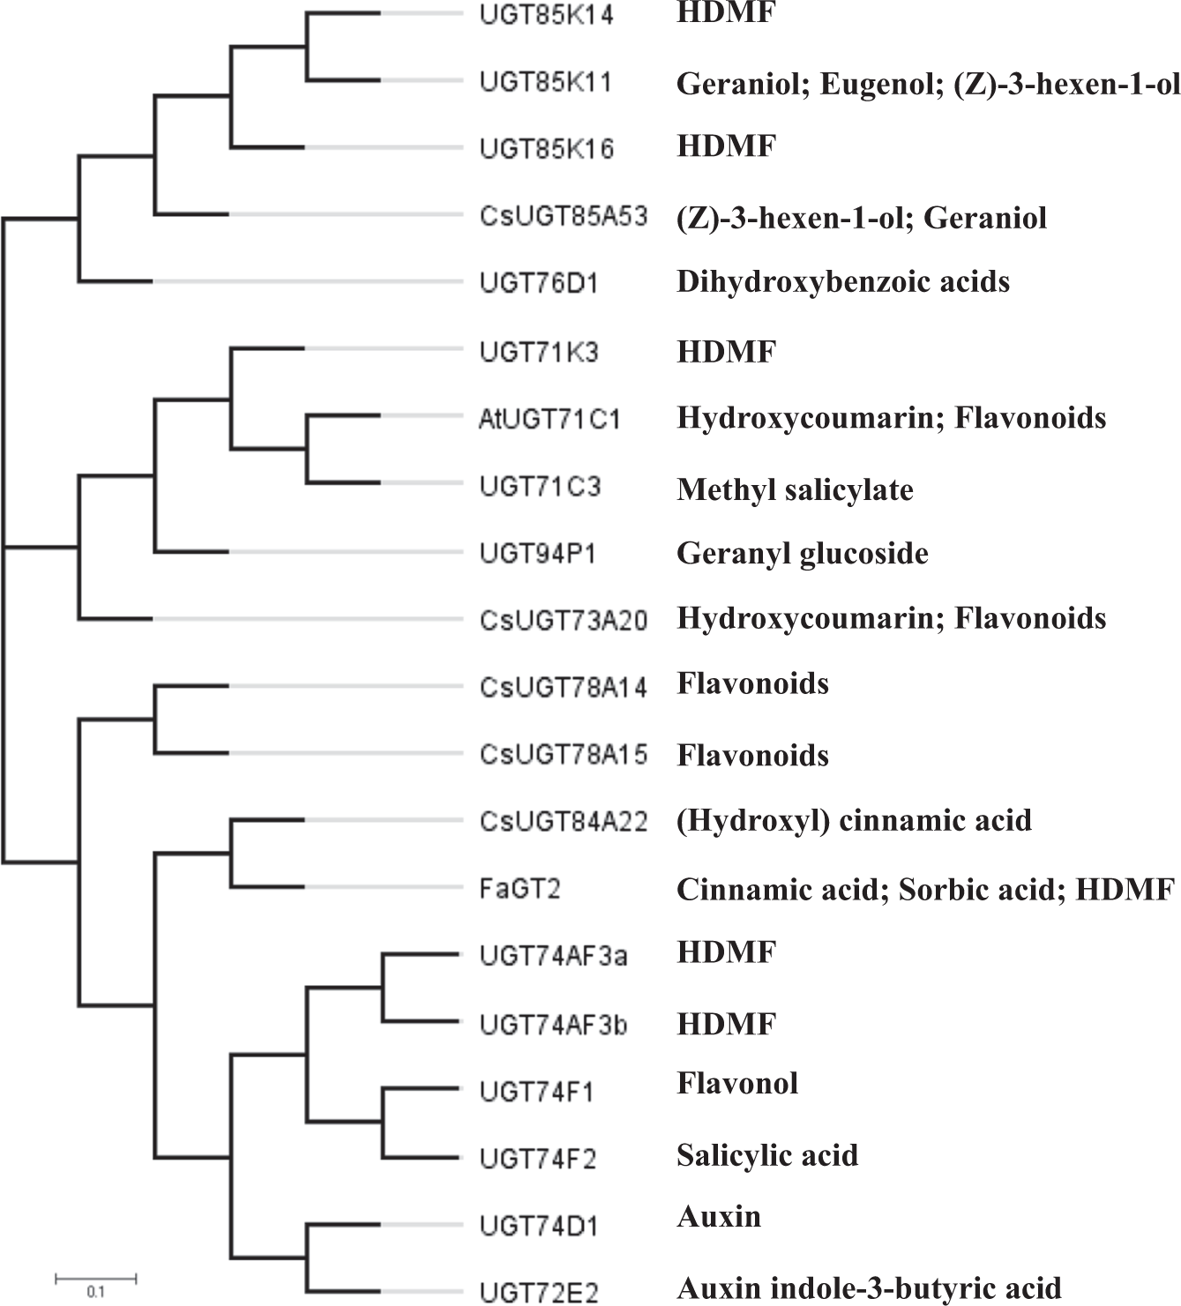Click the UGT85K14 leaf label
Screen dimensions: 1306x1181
pos(546,15)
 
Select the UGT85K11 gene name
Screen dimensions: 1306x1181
pos(546,82)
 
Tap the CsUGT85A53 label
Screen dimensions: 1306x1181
pos(564,216)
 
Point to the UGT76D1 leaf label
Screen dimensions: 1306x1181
pos(539,283)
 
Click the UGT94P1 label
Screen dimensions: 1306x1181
pos(538,554)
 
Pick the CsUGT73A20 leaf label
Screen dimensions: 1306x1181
pos(564,620)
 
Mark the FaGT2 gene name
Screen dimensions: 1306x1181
pos(520,889)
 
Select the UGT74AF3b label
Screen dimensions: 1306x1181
pos(553,1025)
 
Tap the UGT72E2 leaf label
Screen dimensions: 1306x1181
pos(539,1293)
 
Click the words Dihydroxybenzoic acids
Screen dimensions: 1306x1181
pos(842,282)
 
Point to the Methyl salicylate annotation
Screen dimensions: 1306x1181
pos(795,489)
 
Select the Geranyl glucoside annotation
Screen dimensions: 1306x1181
pos(802,554)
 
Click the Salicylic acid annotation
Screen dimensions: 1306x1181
pos(767,1155)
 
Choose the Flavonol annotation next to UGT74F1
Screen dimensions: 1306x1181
pos(737,1083)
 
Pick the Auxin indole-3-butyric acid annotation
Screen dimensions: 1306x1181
pos(869,1288)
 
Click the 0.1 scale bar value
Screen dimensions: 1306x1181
pos(95,1293)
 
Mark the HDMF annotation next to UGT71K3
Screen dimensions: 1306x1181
pos(726,353)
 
